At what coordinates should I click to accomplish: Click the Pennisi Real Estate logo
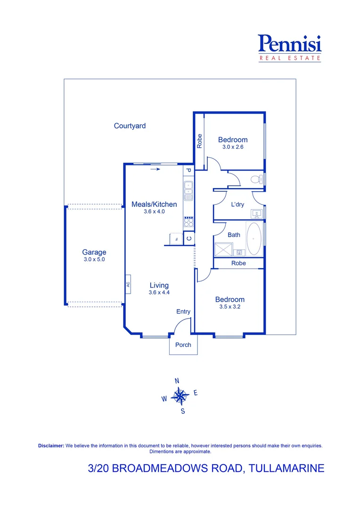click(290, 48)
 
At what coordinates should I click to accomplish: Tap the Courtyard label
click(130, 126)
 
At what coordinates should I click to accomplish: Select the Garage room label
click(94, 252)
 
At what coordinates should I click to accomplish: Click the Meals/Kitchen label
click(154, 204)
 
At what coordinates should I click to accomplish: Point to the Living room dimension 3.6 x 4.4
click(159, 293)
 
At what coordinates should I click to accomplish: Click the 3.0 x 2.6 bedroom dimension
click(232, 147)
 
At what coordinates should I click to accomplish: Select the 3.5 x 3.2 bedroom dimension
click(229, 307)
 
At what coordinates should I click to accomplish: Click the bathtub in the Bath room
click(254, 238)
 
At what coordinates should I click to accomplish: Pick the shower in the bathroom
click(224, 249)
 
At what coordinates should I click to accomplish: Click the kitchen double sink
click(188, 191)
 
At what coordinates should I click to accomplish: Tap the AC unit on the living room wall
click(127, 284)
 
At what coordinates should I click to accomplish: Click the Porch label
click(183, 345)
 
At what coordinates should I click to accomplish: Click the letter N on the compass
click(177, 381)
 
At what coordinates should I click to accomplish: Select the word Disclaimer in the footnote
click(50, 445)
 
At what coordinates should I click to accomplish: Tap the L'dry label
click(237, 205)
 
